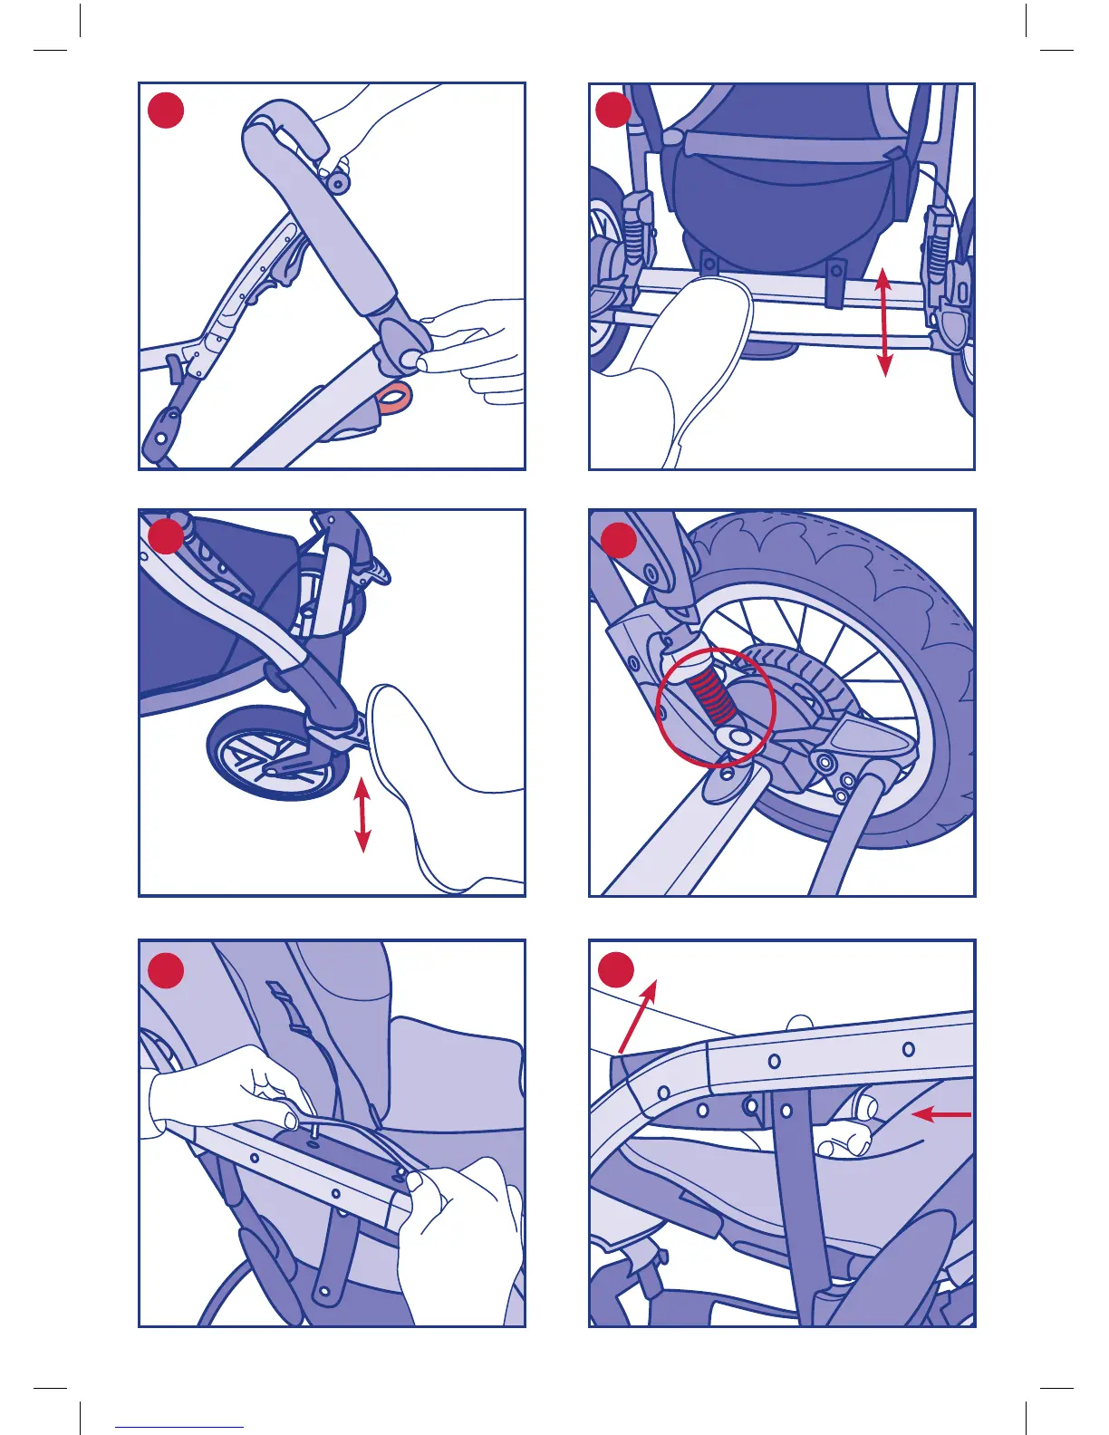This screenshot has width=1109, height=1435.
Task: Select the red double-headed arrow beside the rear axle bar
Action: pos(884,323)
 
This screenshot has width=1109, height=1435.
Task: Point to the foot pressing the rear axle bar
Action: pos(689,362)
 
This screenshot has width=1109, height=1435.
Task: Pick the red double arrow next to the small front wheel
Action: pos(362,815)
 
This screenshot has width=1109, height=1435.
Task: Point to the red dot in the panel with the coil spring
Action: pos(618,541)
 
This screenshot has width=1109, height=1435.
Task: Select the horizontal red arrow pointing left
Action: pos(942,1113)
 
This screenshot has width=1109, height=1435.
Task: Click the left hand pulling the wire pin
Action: pos(227,1092)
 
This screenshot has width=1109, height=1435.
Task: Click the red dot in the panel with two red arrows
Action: pos(616,970)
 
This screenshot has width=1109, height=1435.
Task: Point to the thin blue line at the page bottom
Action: pos(179,1427)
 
